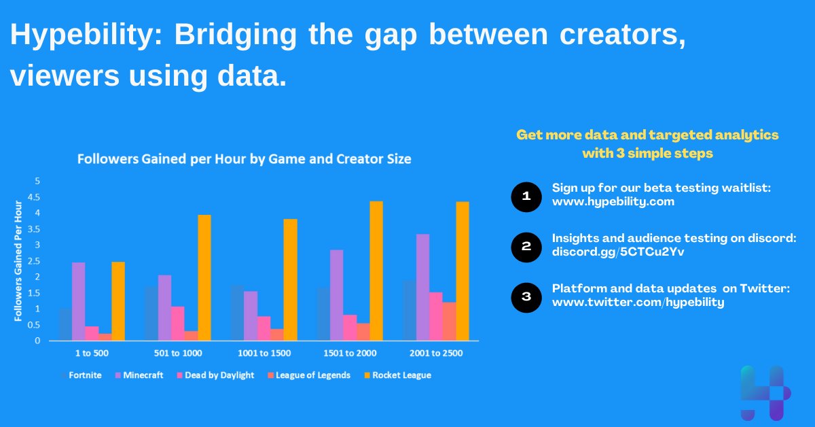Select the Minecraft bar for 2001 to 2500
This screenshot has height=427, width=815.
(422, 287)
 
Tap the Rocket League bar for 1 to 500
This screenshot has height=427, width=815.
(118, 301)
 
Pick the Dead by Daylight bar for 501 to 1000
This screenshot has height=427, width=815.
(177, 323)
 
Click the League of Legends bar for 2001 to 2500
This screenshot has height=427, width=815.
(449, 321)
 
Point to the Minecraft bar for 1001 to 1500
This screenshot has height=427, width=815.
(251, 315)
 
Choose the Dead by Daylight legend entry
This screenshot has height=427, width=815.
(217, 375)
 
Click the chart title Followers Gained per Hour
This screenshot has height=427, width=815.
(244, 160)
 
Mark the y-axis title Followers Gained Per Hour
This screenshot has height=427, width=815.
(19, 261)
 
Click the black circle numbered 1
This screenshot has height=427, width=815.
(526, 197)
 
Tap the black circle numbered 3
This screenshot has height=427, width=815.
(526, 297)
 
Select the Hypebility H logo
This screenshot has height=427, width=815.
(765, 392)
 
